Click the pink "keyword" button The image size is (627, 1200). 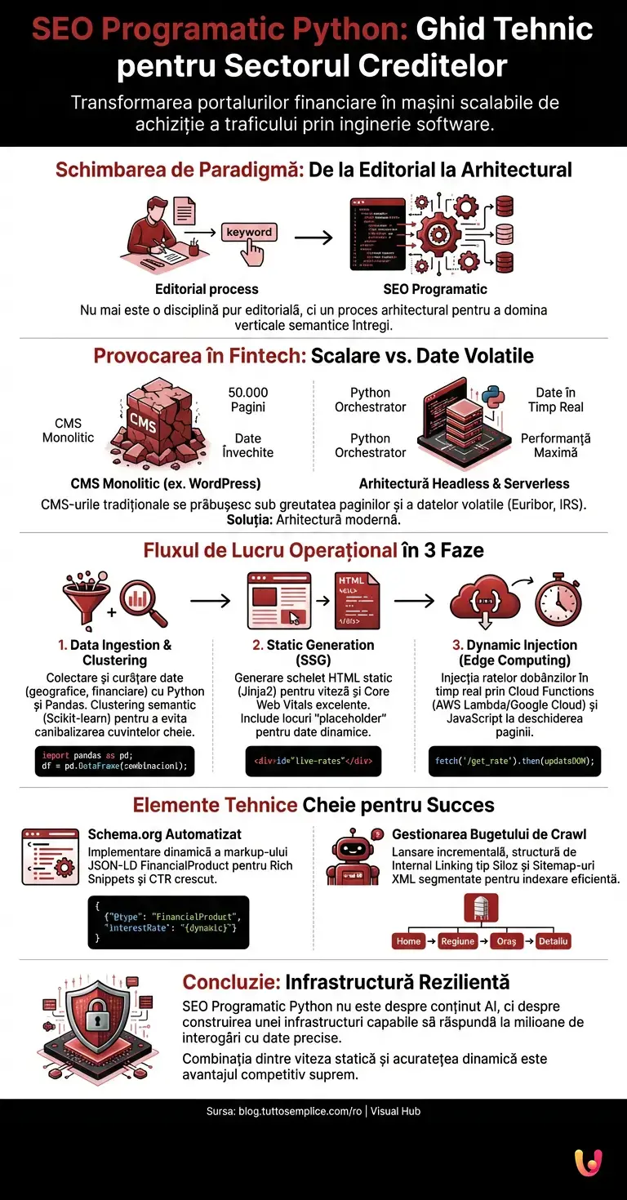click(249, 233)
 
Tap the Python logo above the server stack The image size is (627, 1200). click(491, 393)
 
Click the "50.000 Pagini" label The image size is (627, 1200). click(247, 400)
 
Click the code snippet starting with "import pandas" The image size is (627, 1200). click(115, 760)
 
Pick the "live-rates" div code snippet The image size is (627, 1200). click(313, 761)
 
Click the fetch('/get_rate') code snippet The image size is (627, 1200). click(513, 761)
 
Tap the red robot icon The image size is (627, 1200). click(354, 857)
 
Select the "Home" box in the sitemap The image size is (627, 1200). click(409, 940)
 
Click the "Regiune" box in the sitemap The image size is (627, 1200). click(457, 940)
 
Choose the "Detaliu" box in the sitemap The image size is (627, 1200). click(553, 940)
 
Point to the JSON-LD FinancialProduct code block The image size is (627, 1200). click(169, 922)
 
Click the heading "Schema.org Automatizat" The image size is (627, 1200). click(164, 834)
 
